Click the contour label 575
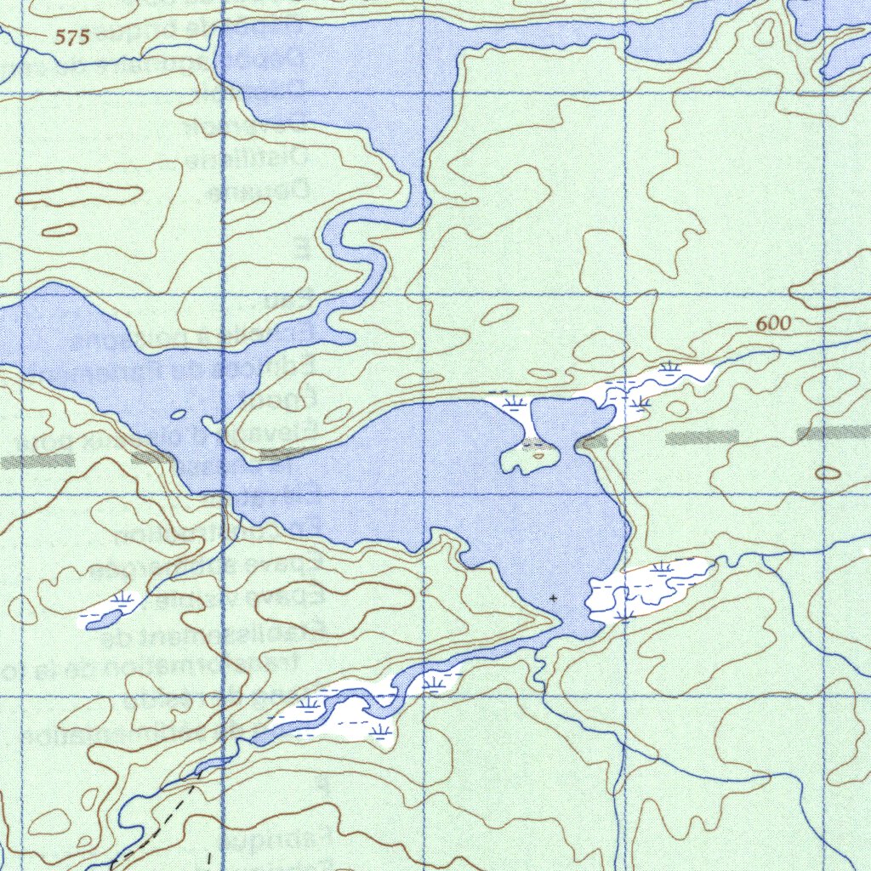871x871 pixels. (x=72, y=37)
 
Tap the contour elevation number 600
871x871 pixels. (x=772, y=323)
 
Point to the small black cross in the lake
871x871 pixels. (x=555, y=599)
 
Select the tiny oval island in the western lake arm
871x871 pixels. (x=178, y=414)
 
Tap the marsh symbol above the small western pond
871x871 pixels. (x=126, y=599)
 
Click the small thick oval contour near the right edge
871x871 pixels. (x=828, y=473)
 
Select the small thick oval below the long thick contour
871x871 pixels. (x=59, y=229)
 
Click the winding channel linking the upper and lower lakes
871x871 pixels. (x=357, y=255)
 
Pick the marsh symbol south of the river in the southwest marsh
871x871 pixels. (x=380, y=729)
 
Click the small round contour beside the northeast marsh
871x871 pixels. (x=677, y=409)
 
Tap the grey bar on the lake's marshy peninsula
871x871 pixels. (x=592, y=441)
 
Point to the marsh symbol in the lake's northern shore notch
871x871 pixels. (x=512, y=401)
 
